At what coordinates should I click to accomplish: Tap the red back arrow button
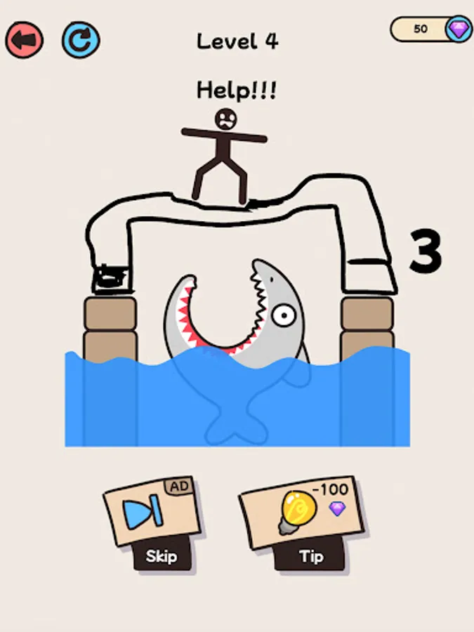24,40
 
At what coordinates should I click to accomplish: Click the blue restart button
81,40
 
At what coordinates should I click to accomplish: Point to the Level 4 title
237,41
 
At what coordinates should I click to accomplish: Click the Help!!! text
237,90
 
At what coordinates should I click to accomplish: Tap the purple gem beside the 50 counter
459,29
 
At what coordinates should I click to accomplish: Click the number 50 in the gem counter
421,29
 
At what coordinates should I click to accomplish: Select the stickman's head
225,119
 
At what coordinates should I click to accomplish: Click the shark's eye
284,315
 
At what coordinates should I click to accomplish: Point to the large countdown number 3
426,251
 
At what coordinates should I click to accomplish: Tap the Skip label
162,556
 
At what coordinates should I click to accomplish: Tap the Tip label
311,557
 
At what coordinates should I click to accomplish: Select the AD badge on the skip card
179,487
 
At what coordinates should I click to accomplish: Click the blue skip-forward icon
143,512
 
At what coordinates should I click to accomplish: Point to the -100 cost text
330,489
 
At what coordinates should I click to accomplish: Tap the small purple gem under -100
337,508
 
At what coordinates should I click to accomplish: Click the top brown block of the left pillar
110,314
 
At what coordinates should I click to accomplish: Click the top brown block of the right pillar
367,314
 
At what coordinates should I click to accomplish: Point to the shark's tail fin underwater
236,427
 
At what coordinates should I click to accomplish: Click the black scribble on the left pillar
110,278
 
